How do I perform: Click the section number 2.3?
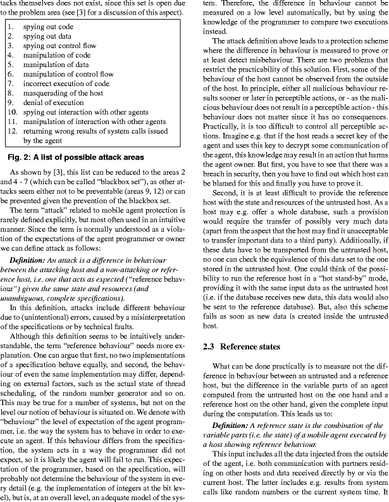(x=210, y=346)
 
